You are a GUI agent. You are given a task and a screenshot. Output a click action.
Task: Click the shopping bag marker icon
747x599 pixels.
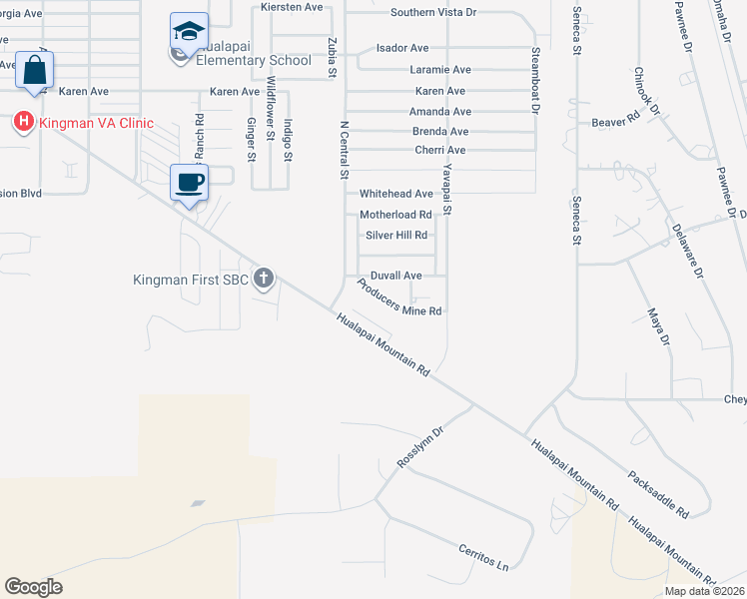pyautogui.click(x=35, y=72)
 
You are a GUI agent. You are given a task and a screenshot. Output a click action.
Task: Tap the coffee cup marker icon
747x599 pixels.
pyautogui.click(x=190, y=183)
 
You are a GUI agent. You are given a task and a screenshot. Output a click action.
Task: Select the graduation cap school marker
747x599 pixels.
pyautogui.click(x=189, y=32)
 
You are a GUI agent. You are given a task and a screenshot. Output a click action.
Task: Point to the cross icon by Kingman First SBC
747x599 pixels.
pyautogui.click(x=264, y=278)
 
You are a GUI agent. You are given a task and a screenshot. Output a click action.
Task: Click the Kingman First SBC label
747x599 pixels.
pyautogui.click(x=190, y=279)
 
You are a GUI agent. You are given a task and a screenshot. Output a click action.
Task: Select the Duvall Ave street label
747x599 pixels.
pyautogui.click(x=396, y=275)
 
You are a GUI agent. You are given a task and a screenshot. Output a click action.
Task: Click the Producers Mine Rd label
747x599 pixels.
pyautogui.click(x=398, y=299)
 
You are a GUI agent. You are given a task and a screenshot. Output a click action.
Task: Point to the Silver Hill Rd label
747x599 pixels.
pyautogui.click(x=396, y=236)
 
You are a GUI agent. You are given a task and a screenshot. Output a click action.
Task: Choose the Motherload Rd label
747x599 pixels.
pyautogui.click(x=395, y=215)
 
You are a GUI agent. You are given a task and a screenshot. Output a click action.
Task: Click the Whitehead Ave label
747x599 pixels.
pyautogui.click(x=396, y=194)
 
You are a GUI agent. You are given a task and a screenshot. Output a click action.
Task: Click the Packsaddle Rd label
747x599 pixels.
pyautogui.click(x=658, y=494)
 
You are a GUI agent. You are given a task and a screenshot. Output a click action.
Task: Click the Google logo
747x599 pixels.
pyautogui.click(x=33, y=586)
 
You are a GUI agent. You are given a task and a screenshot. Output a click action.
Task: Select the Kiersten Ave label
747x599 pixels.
pyautogui.click(x=292, y=6)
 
